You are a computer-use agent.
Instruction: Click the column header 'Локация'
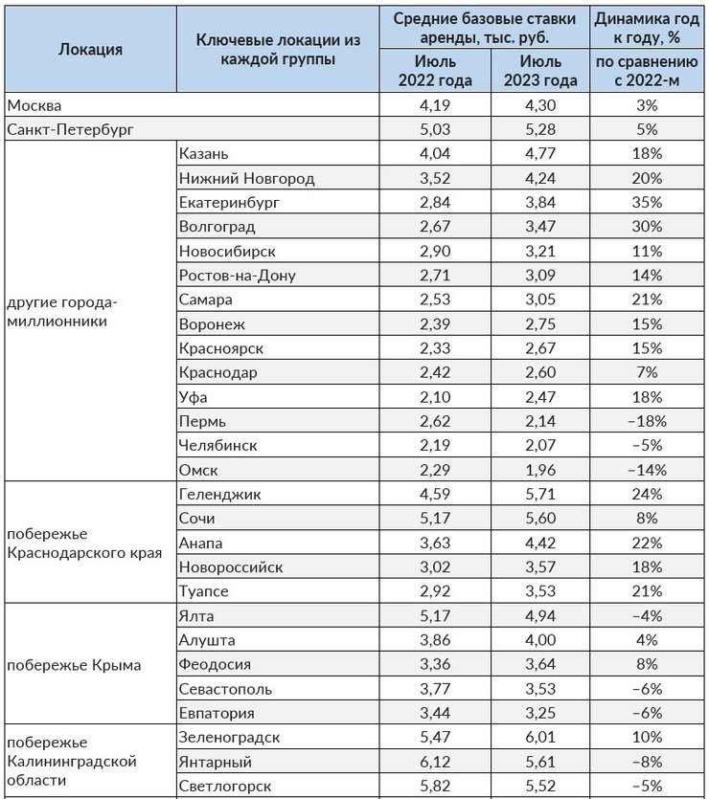coord(90,50)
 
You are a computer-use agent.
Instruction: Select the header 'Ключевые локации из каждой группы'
coord(278,50)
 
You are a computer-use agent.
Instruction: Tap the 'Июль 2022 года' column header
coord(435,71)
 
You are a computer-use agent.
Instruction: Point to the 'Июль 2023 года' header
coord(540,71)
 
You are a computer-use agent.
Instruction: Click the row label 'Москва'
coord(34,105)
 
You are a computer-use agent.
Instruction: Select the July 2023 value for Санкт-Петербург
coord(540,129)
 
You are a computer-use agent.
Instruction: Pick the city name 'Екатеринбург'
coord(229,203)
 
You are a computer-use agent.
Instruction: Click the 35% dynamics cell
coord(647,202)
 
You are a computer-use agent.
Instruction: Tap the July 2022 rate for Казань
coord(435,154)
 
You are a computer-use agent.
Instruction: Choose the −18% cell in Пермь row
coord(647,421)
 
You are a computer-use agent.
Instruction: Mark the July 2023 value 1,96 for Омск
coord(540,470)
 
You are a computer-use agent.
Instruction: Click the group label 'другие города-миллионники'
coord(62,312)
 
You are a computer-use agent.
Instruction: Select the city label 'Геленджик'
coord(219,495)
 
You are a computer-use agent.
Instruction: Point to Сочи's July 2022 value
coord(435,519)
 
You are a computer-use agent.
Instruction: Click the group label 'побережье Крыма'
coord(74,665)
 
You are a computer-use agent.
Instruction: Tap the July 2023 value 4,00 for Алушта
coord(540,640)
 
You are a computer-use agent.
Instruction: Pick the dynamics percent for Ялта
coord(647,616)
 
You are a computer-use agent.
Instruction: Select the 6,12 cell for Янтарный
coord(435,762)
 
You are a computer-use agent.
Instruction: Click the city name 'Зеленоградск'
coord(229,738)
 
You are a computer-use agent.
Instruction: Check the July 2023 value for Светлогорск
coord(540,787)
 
